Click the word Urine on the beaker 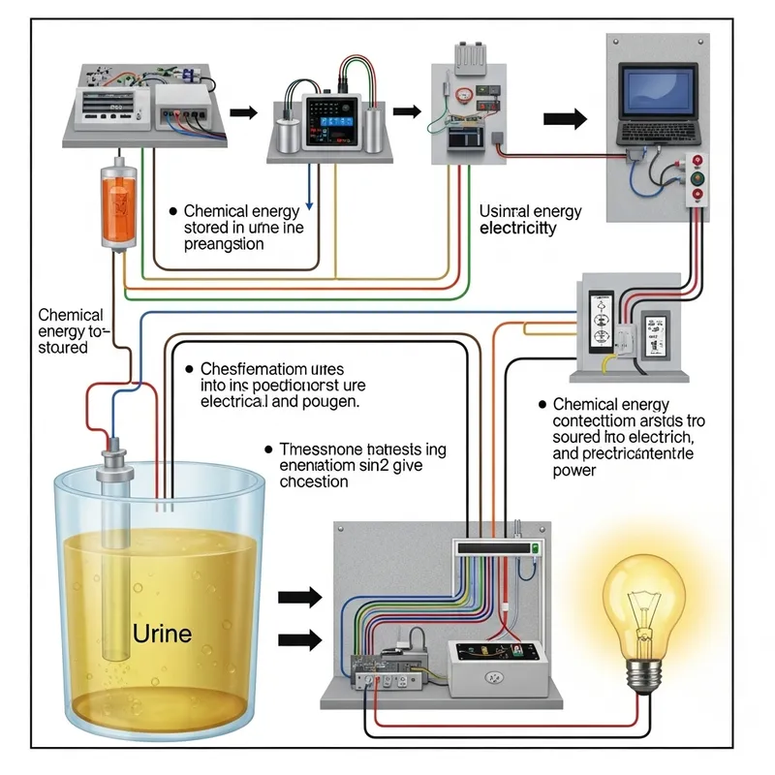(x=161, y=635)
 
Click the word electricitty (x=518, y=229)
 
